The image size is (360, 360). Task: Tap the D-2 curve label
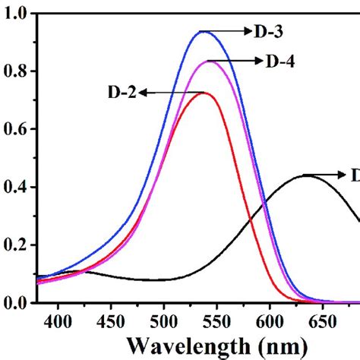coord(122,93)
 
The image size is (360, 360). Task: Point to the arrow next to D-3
coord(230,31)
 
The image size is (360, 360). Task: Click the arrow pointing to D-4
coord(235,60)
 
